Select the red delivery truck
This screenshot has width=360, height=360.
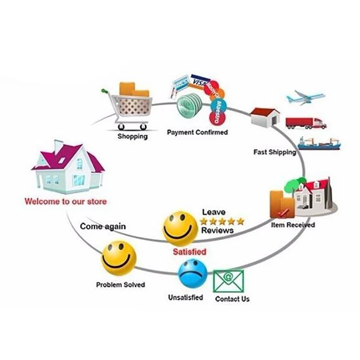tap(306, 123)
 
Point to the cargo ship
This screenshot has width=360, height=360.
tap(319, 143)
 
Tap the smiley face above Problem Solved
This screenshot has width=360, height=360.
tap(119, 258)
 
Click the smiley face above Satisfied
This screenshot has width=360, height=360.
tap(180, 229)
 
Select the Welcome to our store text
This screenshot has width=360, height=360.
tap(66, 201)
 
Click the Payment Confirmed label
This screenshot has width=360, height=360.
tap(197, 132)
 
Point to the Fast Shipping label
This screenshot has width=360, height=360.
tap(274, 152)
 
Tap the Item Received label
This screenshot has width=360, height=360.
tap(293, 225)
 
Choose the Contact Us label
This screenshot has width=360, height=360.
tap(232, 299)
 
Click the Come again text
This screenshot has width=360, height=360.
tap(103, 226)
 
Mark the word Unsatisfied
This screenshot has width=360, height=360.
tap(185, 297)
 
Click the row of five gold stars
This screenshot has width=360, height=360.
tap(222, 221)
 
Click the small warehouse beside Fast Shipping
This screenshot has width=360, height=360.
tap(265, 117)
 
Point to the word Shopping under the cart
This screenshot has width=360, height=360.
tap(132, 136)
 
